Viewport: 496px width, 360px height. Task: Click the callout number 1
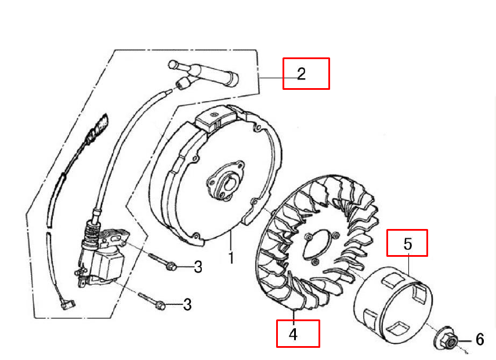tap(231, 257)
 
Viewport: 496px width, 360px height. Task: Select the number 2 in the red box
tap(302, 74)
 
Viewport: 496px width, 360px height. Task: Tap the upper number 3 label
tap(198, 267)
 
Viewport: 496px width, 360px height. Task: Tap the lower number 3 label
tap(187, 305)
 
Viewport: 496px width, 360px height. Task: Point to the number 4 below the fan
tap(293, 334)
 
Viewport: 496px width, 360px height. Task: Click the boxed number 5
tap(408, 243)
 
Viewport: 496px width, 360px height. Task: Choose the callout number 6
tap(480, 340)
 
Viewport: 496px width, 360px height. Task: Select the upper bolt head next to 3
tap(171, 266)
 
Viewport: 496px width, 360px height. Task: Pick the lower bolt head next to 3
tap(161, 305)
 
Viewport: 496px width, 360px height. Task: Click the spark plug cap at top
tap(203, 73)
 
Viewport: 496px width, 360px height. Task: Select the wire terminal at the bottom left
tap(67, 304)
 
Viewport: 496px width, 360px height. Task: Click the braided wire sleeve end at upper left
tap(99, 128)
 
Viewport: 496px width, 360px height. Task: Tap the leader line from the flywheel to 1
tap(231, 241)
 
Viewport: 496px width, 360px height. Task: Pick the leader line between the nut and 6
tap(466, 341)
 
